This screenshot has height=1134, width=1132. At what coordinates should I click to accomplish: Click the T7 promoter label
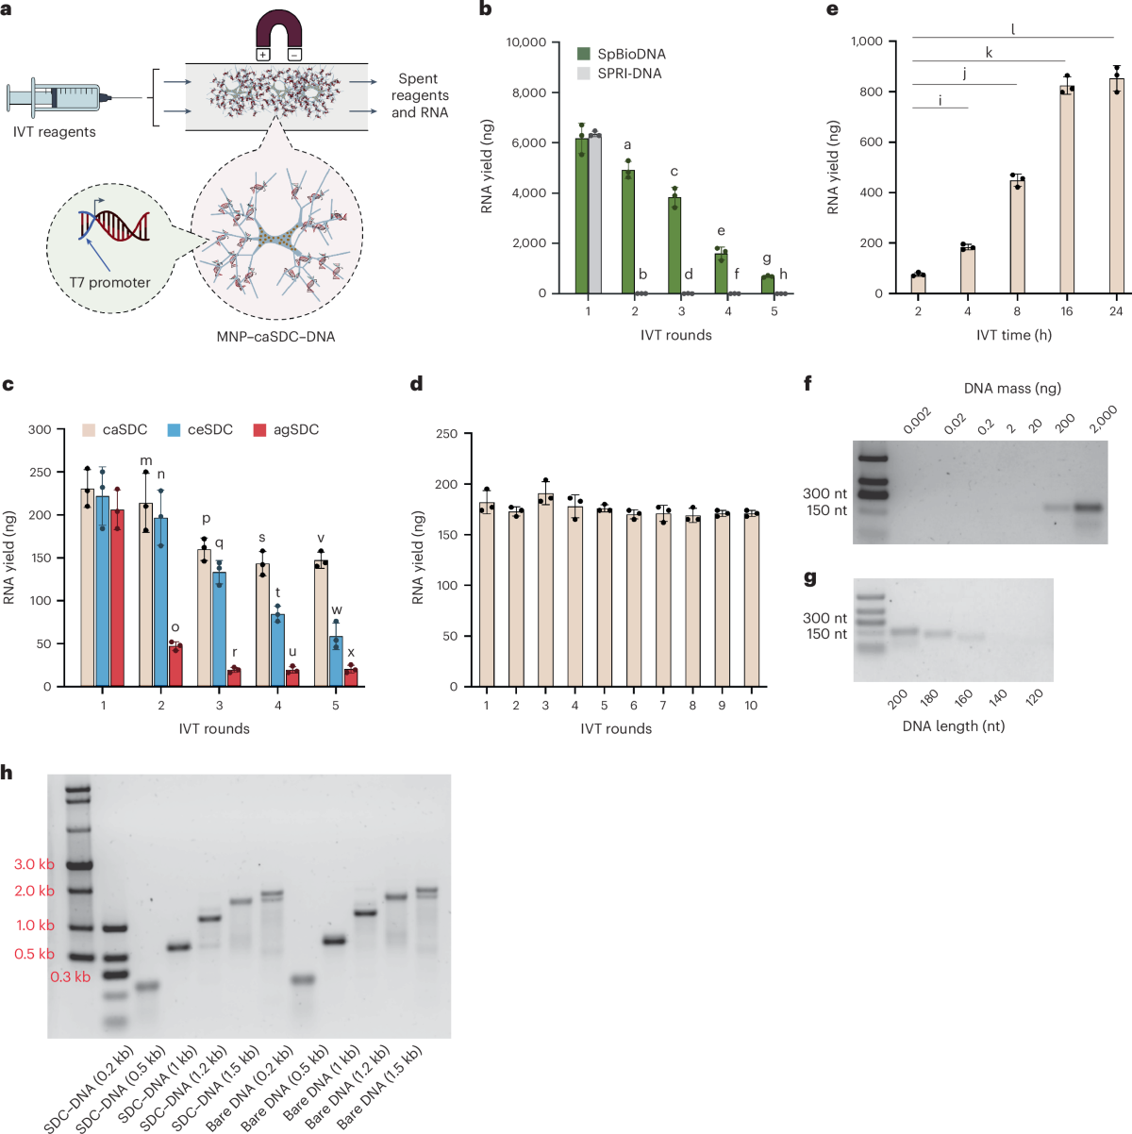(x=109, y=282)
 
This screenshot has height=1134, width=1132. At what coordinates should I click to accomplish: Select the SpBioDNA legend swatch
(x=584, y=55)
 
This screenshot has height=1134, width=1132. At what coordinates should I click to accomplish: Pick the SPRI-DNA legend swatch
(x=584, y=74)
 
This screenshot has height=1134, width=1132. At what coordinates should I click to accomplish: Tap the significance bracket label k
(x=989, y=53)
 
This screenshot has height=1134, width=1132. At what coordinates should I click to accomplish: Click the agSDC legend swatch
(x=259, y=430)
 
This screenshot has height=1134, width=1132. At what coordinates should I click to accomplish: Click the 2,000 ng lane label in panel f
(x=1102, y=419)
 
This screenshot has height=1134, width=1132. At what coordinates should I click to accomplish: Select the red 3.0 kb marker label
(x=34, y=865)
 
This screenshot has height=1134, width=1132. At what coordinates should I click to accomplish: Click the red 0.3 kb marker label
(x=71, y=977)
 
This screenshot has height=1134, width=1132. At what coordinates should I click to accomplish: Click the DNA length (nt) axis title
(x=953, y=726)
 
